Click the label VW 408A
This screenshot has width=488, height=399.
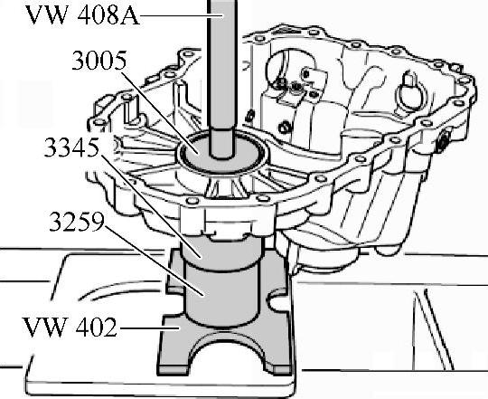coord(82,15)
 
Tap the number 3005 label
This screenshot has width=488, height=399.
coord(99,60)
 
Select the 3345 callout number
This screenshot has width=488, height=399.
coord(72,147)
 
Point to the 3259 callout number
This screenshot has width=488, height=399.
coord(77,222)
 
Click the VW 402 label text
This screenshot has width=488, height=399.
coord(70,327)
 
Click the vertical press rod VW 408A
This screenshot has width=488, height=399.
coord(222,78)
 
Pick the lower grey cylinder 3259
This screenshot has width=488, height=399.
coord(221,296)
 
